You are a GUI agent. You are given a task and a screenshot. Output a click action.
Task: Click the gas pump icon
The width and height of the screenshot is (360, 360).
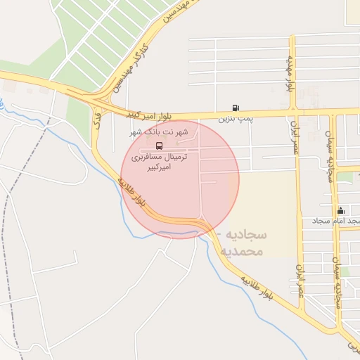click(235, 108)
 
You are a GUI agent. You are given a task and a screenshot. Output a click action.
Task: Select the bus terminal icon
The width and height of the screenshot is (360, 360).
click(159, 146)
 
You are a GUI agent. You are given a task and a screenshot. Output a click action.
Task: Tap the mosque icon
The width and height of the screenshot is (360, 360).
click(341, 210)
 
